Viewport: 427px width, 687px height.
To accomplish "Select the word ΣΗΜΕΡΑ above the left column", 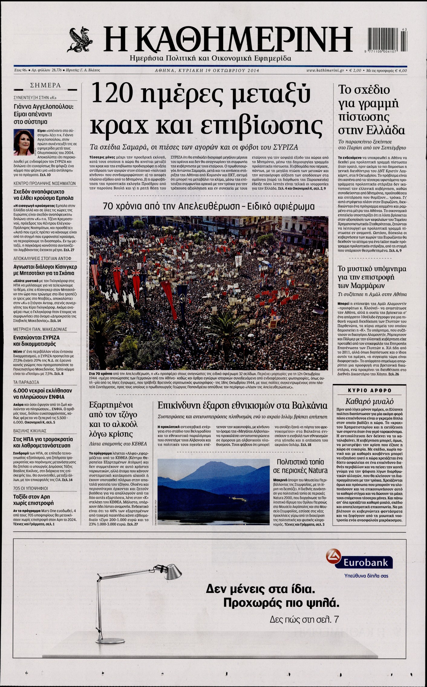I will (x=45, y=86).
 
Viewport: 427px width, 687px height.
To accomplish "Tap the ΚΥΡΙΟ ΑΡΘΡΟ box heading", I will (x=370, y=390).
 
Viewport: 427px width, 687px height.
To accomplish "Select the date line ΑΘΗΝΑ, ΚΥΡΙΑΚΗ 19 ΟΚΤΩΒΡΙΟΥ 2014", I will (x=207, y=71).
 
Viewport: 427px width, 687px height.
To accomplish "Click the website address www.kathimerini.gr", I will (x=325, y=70).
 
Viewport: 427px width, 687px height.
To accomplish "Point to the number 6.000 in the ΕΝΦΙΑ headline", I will (x=22, y=390).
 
